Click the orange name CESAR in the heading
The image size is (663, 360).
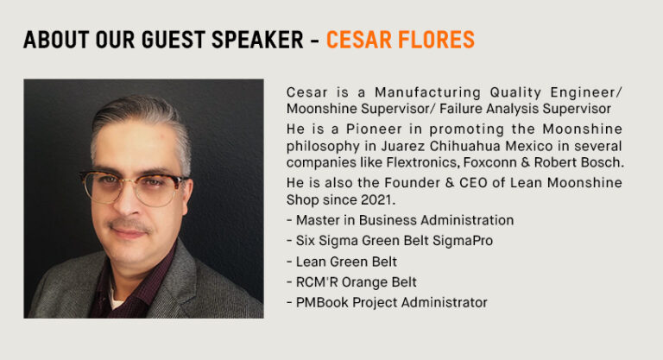[x=358, y=40]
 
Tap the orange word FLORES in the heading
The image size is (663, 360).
[x=436, y=40]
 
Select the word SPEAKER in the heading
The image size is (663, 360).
[x=257, y=40]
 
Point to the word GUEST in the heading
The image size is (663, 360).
[x=173, y=40]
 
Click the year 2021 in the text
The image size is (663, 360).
[x=377, y=199]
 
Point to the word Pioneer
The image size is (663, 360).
[x=375, y=129]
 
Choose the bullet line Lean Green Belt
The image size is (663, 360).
[x=342, y=262]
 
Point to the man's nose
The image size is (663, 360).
[x=127, y=202]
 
